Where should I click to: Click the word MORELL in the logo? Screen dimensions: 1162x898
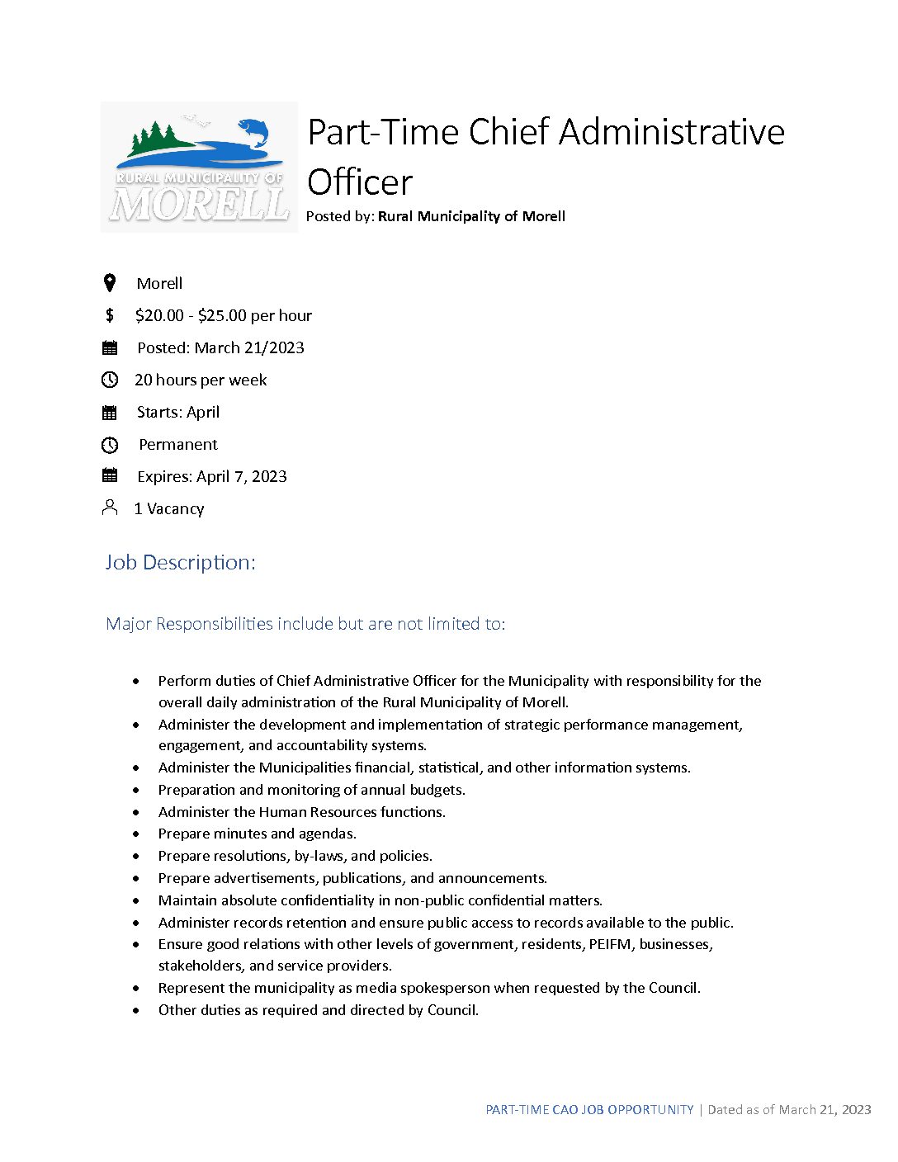click(199, 204)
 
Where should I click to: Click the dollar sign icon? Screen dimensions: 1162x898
click(110, 315)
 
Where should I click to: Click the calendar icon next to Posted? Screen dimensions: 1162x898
click(110, 347)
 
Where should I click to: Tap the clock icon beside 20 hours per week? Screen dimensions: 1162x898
click(110, 380)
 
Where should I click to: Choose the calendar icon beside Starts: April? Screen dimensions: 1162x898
click(110, 412)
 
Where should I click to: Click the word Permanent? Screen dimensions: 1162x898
click(178, 444)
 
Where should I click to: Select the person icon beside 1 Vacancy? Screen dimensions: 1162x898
click(110, 508)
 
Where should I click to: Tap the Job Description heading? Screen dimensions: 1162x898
click(180, 562)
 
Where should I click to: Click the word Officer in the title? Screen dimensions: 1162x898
click(360, 182)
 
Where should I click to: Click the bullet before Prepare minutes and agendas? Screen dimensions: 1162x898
click(136, 834)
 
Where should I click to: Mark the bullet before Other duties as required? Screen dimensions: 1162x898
click(136, 1010)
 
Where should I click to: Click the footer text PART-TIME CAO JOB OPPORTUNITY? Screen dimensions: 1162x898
click(589, 1110)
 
